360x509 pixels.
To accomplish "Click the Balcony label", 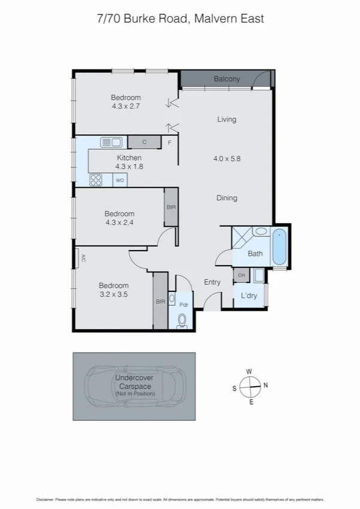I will tap(227, 79).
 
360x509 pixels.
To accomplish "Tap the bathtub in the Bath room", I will tap(280, 247).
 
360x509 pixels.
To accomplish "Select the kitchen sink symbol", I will tap(111, 142).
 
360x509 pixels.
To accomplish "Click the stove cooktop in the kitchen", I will tap(96, 180).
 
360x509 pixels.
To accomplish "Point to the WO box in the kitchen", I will tap(120, 180).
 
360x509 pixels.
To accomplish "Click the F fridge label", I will tap(170, 143).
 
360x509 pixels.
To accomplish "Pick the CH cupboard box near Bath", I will tap(241, 275).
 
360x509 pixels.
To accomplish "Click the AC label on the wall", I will tap(83, 259).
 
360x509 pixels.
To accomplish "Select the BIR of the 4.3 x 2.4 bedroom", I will tap(171, 207).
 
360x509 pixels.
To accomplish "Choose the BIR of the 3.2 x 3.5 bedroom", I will tap(160, 302).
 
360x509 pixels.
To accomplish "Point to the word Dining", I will tap(226, 198).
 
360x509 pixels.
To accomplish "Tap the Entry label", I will tap(212, 282).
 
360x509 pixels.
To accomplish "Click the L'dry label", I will tap(249, 296).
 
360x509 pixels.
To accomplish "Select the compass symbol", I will tap(249, 387).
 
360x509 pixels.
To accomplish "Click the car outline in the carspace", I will tap(135, 386).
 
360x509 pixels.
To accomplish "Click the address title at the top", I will tap(180, 19).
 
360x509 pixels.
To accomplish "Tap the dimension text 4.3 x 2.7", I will tap(126, 106).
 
